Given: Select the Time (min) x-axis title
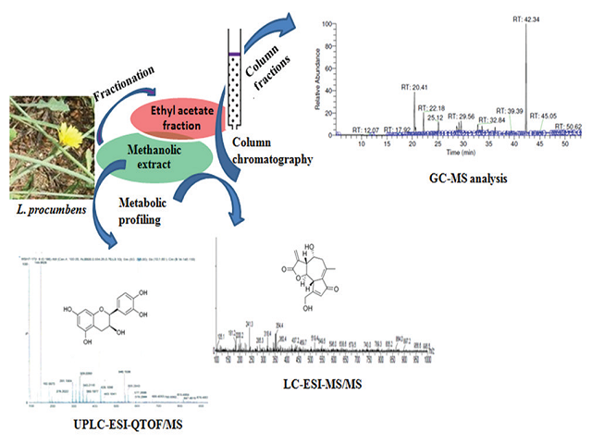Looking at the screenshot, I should pyautogui.click(x=447, y=158).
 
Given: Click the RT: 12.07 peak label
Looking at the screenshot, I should pyautogui.click(x=367, y=129).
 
